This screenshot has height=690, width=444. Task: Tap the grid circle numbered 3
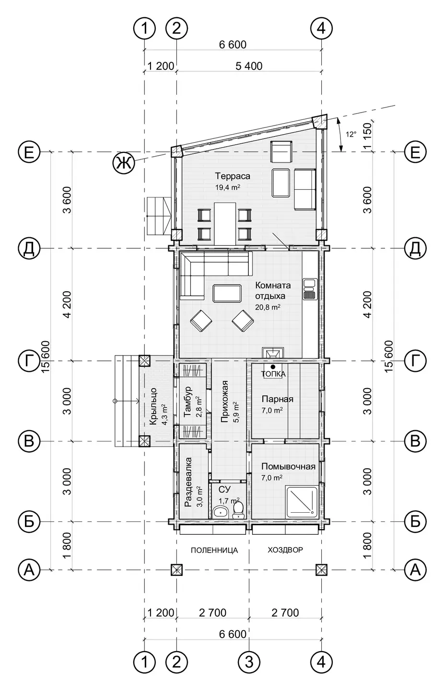tap(249, 662)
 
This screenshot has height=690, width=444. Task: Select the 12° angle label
tap(351, 134)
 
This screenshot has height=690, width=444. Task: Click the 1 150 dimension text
tap(368, 136)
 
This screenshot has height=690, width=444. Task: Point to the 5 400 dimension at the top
tap(249, 66)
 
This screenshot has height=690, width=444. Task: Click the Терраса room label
tap(233, 176)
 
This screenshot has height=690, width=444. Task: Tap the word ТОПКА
tap(273, 374)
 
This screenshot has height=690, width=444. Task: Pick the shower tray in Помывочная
tap(302, 502)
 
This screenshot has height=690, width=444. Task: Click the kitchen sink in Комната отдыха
tap(309, 289)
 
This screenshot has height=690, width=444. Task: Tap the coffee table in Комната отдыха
tap(227, 293)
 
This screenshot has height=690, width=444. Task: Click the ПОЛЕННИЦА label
tap(214, 550)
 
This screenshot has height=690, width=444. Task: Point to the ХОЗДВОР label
tap(285, 550)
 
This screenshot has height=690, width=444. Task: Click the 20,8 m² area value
tap(268, 307)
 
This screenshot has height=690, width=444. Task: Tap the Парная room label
tap(278, 399)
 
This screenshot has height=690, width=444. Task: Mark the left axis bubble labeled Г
tap(29, 360)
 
